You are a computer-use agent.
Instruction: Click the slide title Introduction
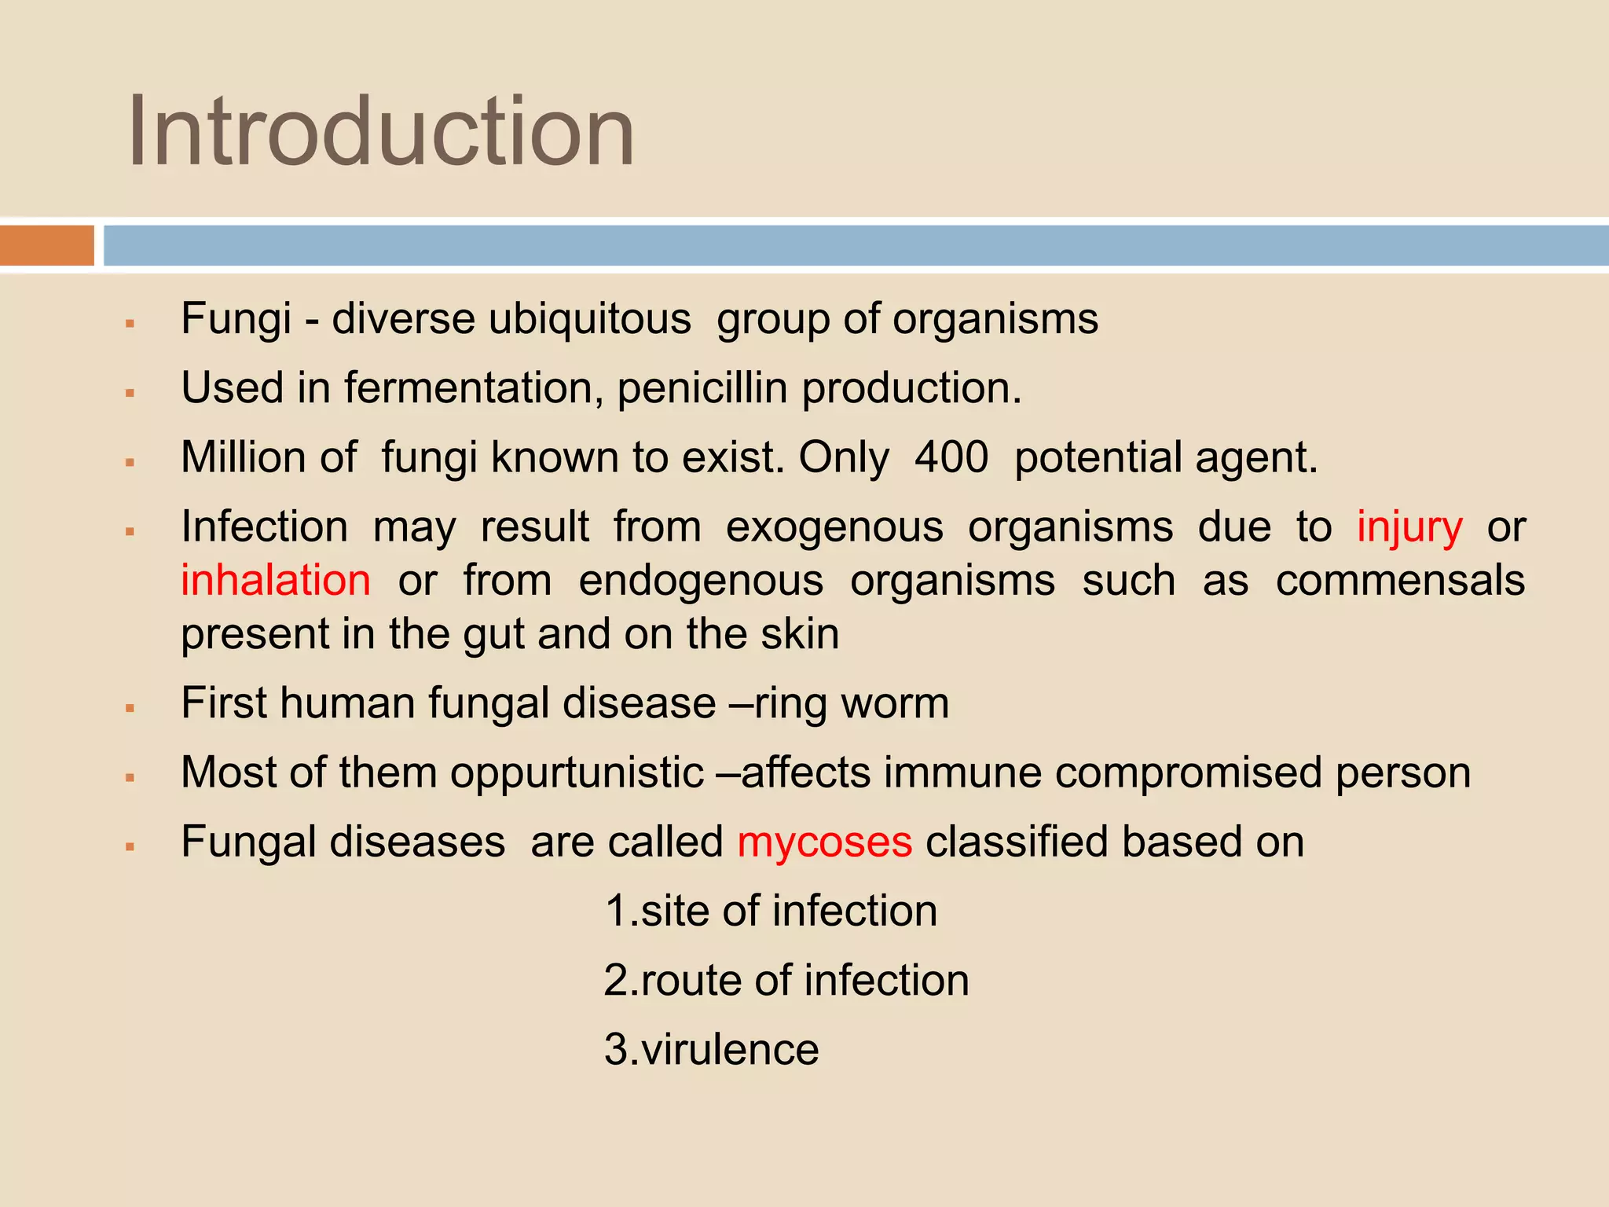[x=381, y=131]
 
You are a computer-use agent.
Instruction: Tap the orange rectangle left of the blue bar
[x=47, y=245]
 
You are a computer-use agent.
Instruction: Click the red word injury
[x=1409, y=526]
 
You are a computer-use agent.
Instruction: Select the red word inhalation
[x=276, y=581]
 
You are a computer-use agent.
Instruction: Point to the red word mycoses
[x=824, y=842]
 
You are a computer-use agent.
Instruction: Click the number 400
[x=951, y=457]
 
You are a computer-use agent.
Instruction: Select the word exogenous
[x=834, y=526]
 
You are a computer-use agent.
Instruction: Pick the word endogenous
[x=701, y=581]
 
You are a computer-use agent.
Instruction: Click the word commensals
[x=1400, y=581]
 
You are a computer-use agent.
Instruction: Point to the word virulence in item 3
[x=730, y=1049]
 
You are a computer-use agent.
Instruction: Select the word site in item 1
[x=675, y=912]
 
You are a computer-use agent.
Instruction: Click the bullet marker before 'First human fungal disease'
[x=130, y=708]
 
